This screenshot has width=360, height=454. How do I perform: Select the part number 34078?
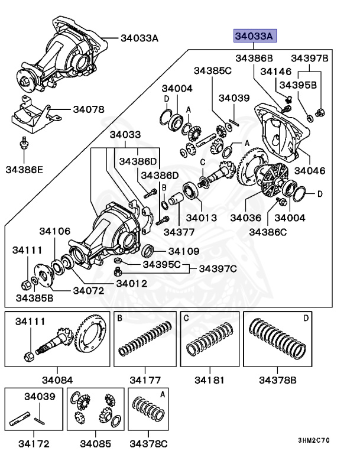pyautogui.click(x=89, y=109)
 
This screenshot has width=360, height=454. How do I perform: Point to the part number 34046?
pyautogui.click(x=310, y=170)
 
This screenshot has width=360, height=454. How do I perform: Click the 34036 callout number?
pyautogui.click(x=247, y=218)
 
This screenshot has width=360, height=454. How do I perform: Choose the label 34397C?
pyautogui.click(x=218, y=269)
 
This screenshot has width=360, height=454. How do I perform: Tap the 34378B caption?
pyautogui.click(x=278, y=378)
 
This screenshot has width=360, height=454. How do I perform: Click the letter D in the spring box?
pyautogui.click(x=306, y=319)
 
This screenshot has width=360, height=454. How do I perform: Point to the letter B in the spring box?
pyautogui.click(x=119, y=319)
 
